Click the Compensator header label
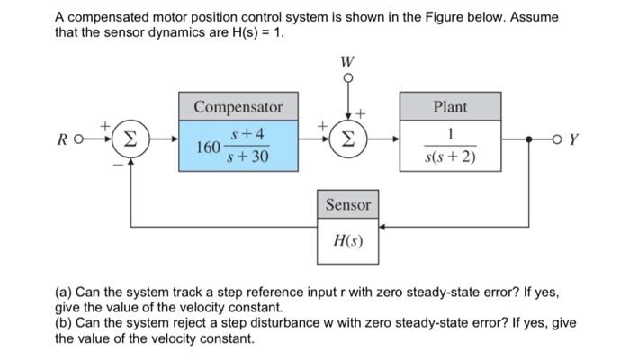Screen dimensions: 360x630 [x=238, y=107]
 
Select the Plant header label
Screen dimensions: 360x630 [x=450, y=107]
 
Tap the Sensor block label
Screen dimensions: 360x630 [x=348, y=205]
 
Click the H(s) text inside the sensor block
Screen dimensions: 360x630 [x=348, y=240]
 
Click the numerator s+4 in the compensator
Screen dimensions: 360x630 [x=248, y=135]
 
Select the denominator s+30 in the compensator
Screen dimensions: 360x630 [x=248, y=158]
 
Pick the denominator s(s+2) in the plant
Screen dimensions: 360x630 [x=450, y=158]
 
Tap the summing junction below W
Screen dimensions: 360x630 [x=347, y=141]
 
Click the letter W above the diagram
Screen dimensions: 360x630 [x=347, y=62]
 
